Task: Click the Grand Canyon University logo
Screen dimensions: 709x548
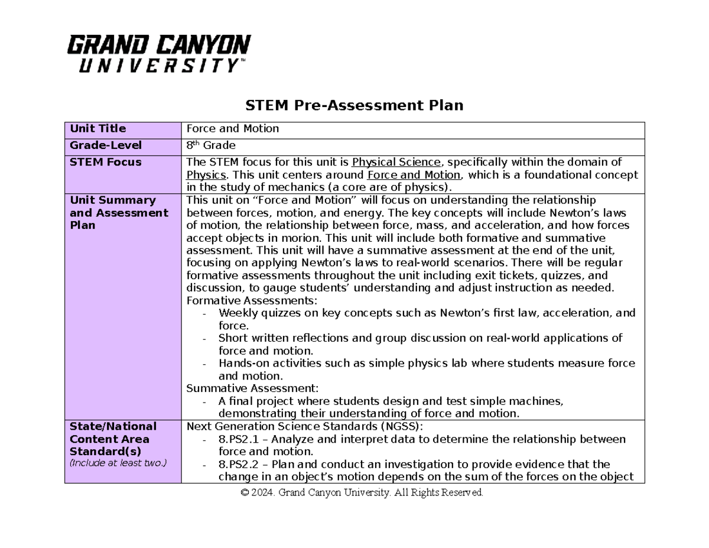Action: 159,53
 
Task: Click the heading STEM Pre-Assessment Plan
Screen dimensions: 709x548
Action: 354,105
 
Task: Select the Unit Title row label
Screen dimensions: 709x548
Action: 98,129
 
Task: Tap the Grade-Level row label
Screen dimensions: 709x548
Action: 106,145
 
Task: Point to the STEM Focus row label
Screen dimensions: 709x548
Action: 105,162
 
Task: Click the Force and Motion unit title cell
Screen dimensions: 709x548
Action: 233,129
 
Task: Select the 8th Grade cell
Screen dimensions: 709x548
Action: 211,145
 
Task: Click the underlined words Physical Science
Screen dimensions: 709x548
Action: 396,163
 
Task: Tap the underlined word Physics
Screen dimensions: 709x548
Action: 206,175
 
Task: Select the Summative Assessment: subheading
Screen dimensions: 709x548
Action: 252,388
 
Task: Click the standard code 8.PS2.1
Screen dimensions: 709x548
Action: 239,439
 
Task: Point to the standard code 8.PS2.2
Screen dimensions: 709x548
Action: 239,464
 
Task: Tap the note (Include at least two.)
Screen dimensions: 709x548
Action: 118,463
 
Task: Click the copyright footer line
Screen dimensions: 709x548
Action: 354,492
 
